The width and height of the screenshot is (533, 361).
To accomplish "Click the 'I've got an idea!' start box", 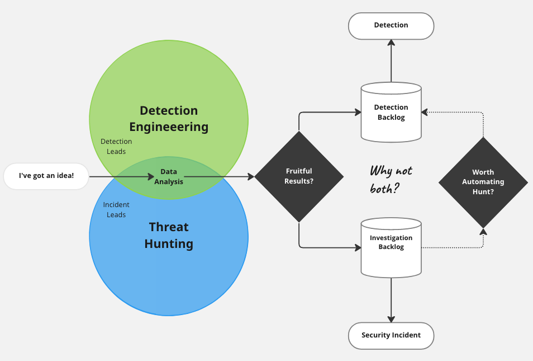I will [46, 176].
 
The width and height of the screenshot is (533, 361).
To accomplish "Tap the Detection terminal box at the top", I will [391, 26].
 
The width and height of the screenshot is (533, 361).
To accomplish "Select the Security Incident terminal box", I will [391, 335].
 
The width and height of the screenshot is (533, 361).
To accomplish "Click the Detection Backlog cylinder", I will [391, 112].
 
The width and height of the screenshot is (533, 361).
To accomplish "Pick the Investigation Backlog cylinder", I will [391, 247].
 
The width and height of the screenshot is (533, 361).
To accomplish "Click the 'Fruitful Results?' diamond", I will [299, 176].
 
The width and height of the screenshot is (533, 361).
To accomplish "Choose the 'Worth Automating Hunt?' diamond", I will [483, 182].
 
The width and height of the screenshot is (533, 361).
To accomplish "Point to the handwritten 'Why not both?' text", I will [391, 179].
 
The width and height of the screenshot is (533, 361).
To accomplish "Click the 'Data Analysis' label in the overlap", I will [168, 176].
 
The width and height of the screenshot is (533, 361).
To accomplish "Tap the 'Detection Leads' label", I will [116, 147].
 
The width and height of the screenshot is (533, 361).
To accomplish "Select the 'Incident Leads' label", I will [116, 210].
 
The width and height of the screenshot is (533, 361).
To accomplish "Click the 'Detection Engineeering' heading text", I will [169, 119].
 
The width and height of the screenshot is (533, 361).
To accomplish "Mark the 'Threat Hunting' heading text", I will [169, 235].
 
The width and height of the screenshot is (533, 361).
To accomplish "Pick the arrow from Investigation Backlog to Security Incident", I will [391, 300].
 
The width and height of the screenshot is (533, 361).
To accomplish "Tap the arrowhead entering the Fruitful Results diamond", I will [250, 177].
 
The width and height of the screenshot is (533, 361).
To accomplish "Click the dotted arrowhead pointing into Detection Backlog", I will [425, 112].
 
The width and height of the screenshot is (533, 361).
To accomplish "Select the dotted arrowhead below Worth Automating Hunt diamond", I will [483, 231].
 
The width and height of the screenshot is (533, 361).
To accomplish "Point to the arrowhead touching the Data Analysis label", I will [151, 177].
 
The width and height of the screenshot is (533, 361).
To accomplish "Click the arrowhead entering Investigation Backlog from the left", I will [358, 247].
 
